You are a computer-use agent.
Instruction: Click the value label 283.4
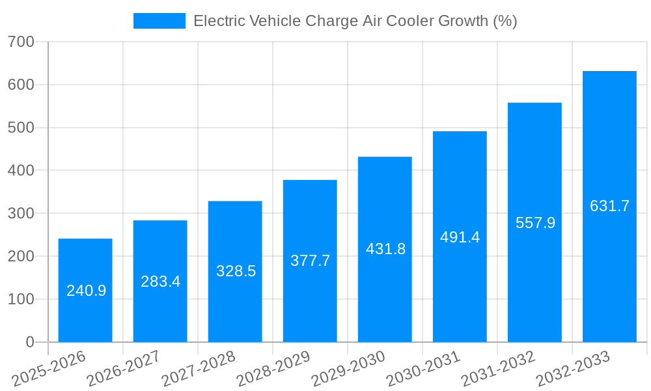160,282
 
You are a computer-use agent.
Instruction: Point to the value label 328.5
236,272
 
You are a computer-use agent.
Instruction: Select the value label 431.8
385,249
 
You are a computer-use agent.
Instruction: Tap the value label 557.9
535,223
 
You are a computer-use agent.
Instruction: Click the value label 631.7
609,206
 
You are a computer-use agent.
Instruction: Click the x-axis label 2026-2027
124,368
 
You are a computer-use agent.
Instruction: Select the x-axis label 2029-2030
349,368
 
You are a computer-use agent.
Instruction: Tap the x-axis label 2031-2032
499,368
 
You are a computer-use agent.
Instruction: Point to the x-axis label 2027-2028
199,368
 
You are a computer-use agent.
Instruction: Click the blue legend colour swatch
159,21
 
